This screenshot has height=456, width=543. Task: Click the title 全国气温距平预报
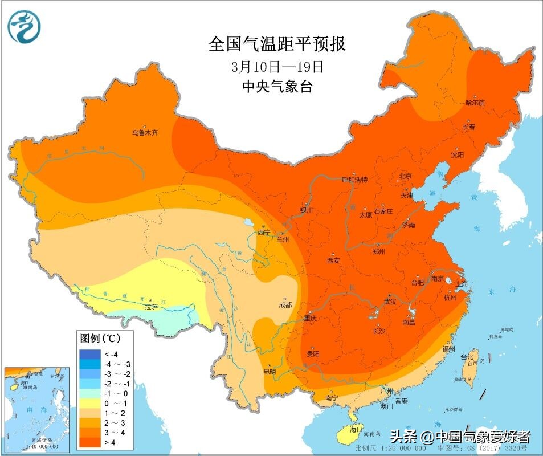(x=277, y=44)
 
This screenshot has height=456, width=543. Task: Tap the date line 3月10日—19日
(x=277, y=67)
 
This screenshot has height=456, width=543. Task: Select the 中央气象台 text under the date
(x=277, y=87)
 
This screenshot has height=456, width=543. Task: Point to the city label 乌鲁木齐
(x=145, y=132)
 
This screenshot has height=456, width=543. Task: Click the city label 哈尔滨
(x=475, y=103)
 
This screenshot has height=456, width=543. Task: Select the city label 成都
(x=285, y=305)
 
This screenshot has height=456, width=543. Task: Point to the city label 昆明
(x=270, y=372)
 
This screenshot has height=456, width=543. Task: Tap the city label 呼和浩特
(x=354, y=180)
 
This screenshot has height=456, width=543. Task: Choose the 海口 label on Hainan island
(x=356, y=429)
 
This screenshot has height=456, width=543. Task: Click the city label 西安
(x=333, y=260)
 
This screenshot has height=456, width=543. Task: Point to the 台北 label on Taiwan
(x=467, y=357)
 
